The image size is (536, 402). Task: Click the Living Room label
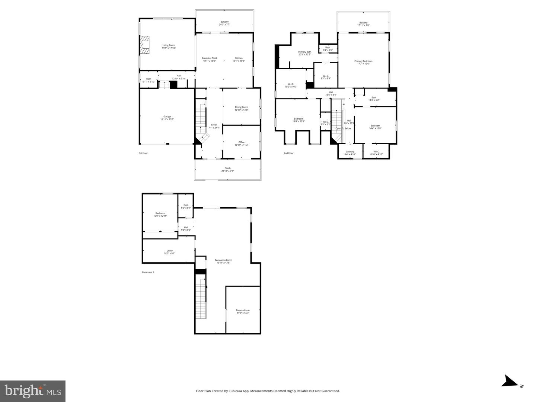click(169, 45)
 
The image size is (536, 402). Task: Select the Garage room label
click(167, 116)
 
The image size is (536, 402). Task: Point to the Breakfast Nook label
click(209, 58)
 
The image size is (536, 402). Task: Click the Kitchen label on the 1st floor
click(239, 58)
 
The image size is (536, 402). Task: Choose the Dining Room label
click(241, 107)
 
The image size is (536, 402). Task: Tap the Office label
click(241, 142)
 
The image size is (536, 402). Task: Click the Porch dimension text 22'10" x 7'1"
click(227, 171)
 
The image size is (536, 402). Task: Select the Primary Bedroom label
click(363, 61)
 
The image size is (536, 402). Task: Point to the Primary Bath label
click(304, 52)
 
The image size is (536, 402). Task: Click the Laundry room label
click(350, 151)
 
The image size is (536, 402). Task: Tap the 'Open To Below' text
click(343, 129)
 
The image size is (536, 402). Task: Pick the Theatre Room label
click(243, 310)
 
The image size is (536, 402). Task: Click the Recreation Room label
click(223, 260)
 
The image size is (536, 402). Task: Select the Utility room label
click(169, 251)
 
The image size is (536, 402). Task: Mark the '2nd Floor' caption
click(288, 153)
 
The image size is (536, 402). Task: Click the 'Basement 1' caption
click(148, 272)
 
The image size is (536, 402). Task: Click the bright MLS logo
click(33, 391)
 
